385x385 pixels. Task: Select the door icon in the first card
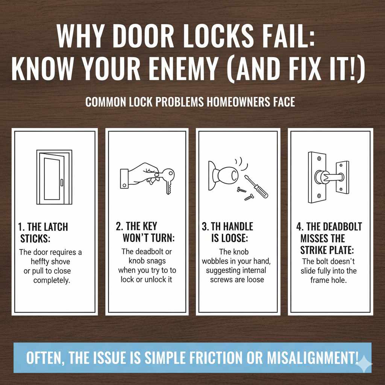click(x=54, y=177)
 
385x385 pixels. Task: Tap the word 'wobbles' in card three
click(x=219, y=261)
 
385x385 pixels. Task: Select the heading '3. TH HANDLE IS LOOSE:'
click(x=227, y=232)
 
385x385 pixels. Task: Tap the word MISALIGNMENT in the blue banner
click(x=310, y=358)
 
